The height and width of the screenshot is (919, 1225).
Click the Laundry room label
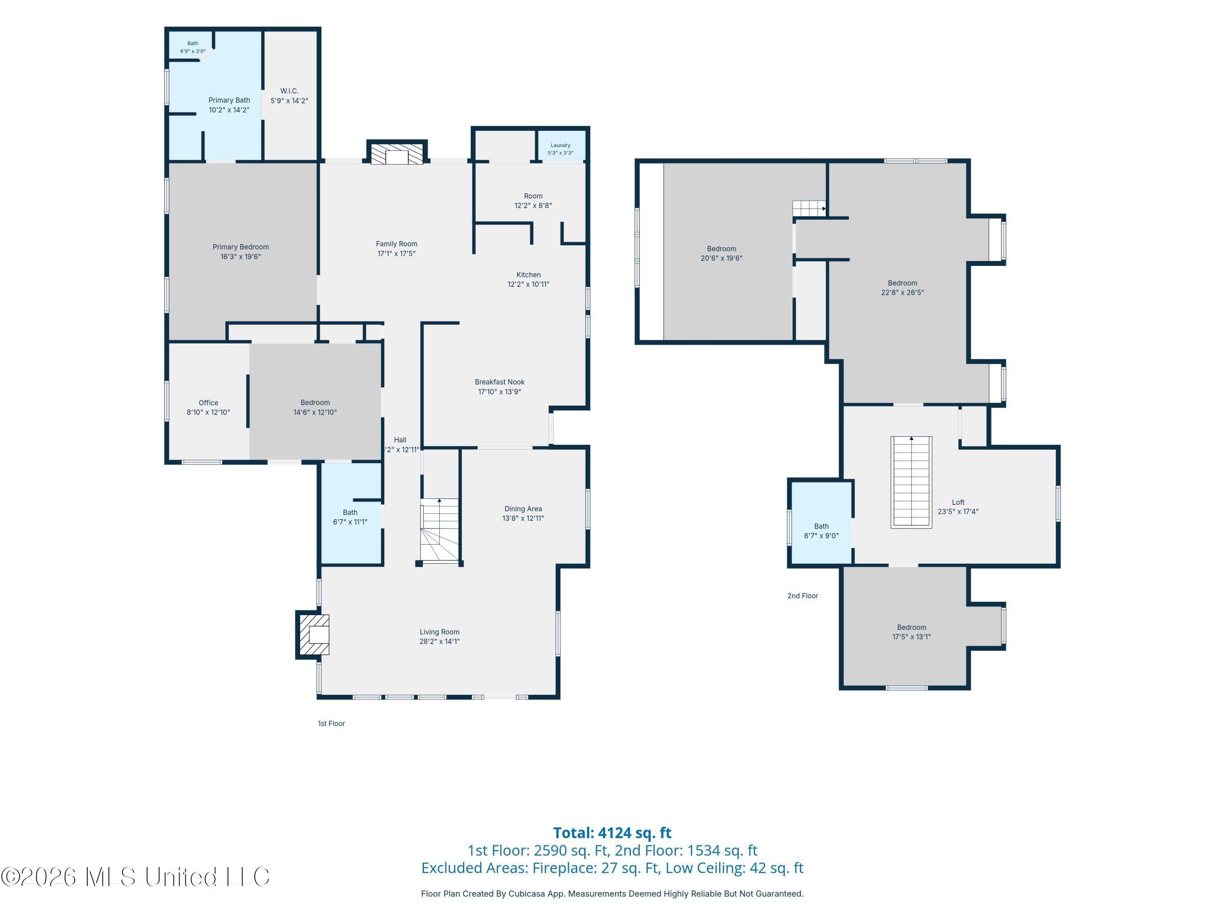coord(561,145)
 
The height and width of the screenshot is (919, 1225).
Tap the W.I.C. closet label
coord(289,91)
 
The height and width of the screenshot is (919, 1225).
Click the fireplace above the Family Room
coord(397,152)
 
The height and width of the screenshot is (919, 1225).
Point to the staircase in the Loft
coord(911,482)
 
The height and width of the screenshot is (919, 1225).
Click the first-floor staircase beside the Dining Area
coord(440,531)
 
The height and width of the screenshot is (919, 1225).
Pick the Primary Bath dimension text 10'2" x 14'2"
coord(229,110)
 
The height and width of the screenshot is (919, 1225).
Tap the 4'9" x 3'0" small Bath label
coord(193,51)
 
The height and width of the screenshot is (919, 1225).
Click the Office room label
coord(209,403)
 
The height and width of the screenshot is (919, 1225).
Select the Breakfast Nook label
coord(499,382)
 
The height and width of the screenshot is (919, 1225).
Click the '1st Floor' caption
coord(331,723)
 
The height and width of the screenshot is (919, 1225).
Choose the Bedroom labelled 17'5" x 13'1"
coord(911,632)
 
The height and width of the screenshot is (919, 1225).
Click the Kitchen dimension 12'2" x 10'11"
coord(528,285)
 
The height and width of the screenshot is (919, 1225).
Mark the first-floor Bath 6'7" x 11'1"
coord(350,517)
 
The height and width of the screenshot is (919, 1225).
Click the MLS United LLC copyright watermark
coord(136,877)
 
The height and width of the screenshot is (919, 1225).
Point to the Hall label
coord(400,440)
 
